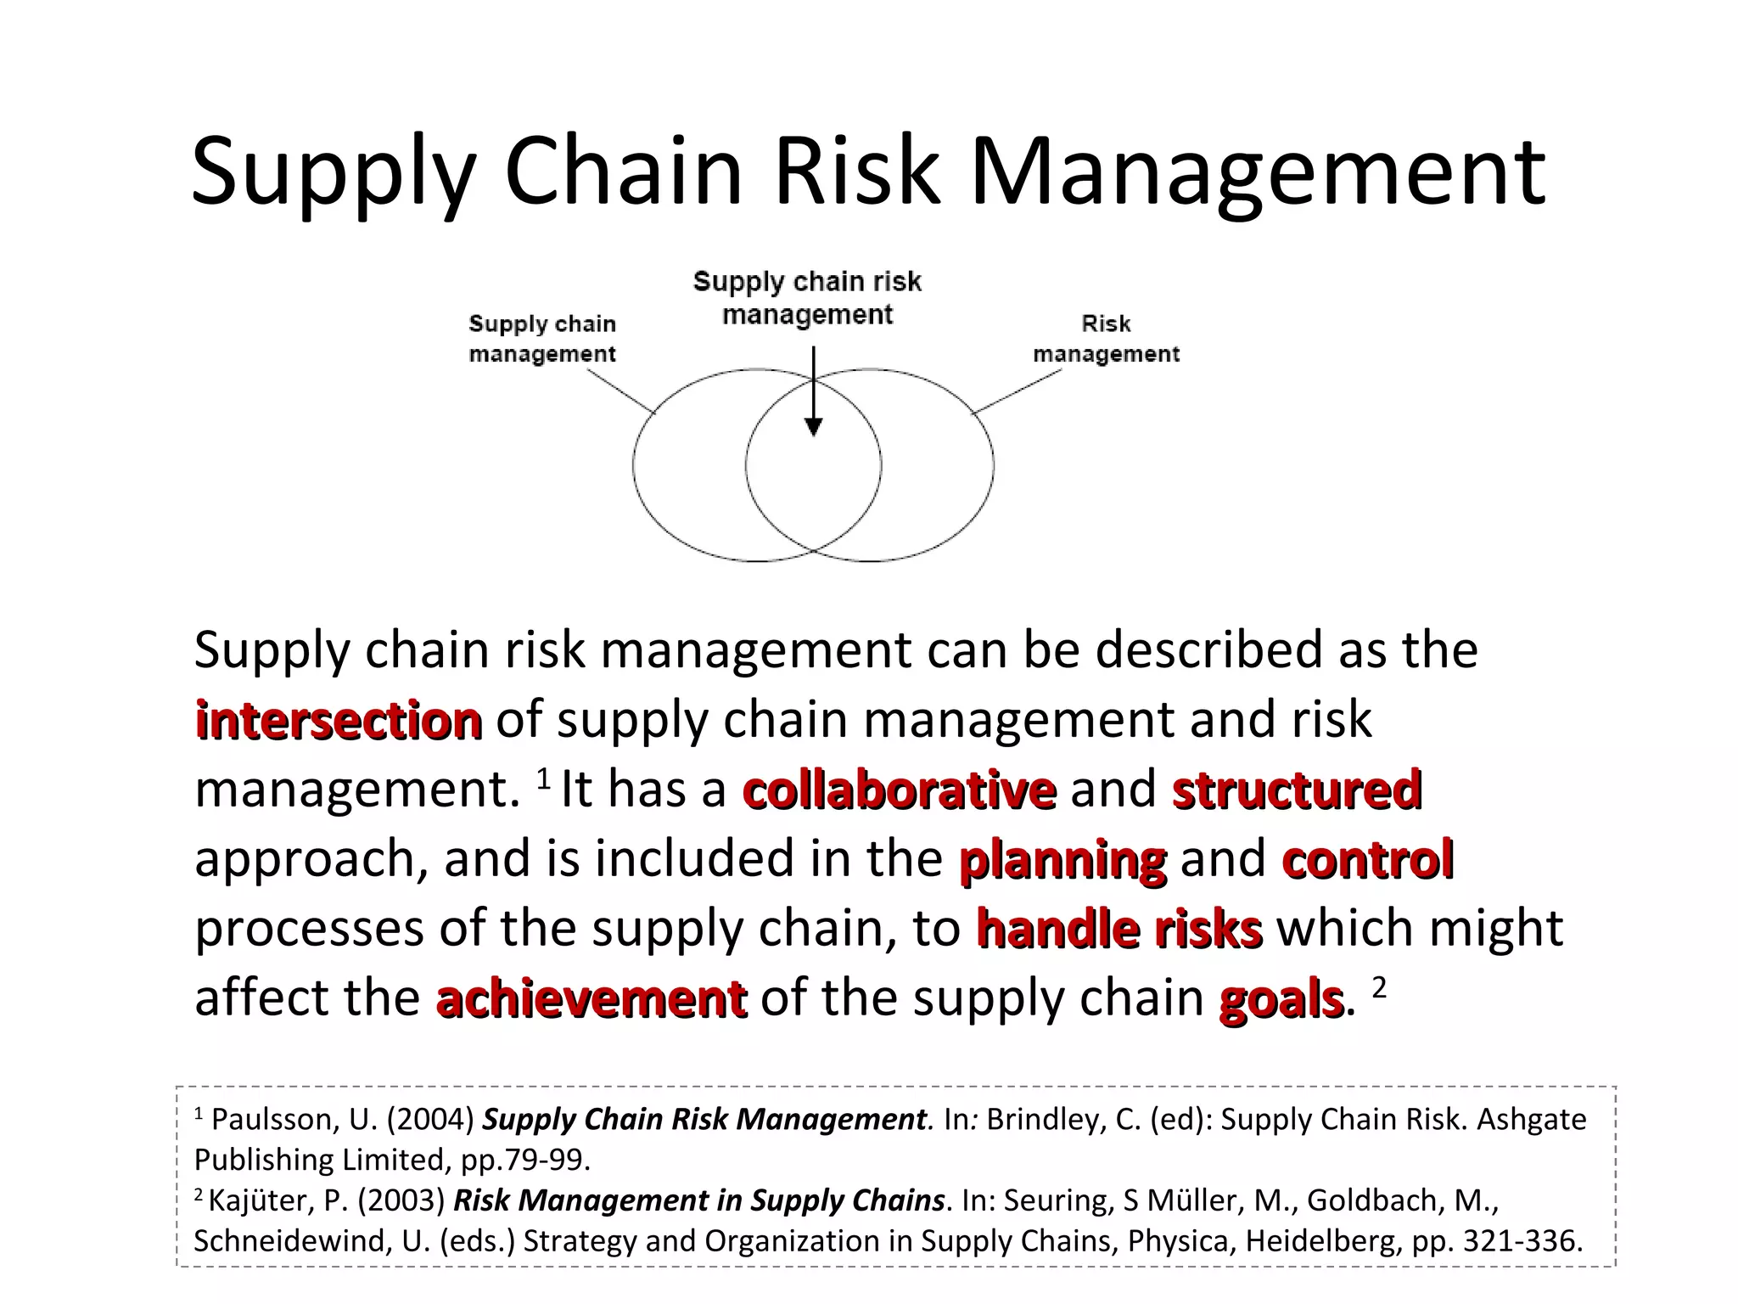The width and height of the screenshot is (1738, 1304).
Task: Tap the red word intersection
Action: coord(339,721)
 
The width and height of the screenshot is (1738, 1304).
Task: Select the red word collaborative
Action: coord(900,790)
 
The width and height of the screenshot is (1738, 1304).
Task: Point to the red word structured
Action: coord(1297,790)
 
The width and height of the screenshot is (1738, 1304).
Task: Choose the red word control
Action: coord(1368,859)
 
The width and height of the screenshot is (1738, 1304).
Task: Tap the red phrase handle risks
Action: coord(1119,929)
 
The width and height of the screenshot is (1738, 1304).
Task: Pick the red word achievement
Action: coord(591,998)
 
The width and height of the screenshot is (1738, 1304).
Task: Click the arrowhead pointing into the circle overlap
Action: coord(813,427)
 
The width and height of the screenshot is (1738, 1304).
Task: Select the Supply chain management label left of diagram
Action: coord(542,339)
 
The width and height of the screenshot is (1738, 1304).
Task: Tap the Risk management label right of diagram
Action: coord(1106,339)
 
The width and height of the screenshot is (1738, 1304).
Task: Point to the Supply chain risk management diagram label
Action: coord(807,298)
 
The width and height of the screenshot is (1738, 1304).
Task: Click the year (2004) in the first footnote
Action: coord(430,1120)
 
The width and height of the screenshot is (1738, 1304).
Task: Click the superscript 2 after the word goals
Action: coord(1379,987)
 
